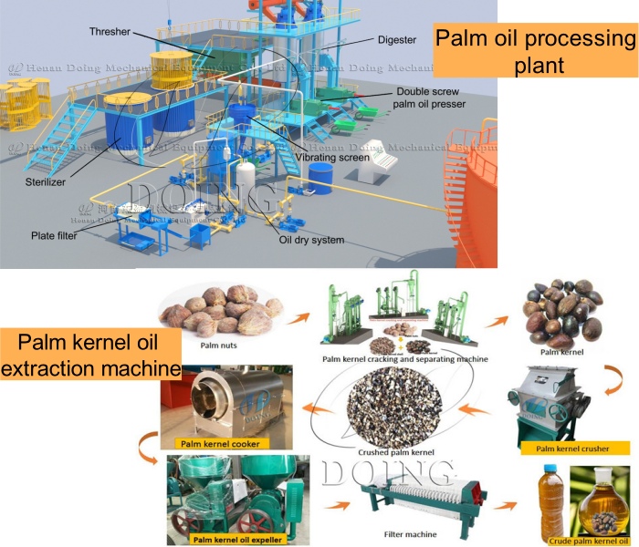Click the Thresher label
(110, 31)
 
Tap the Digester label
(396, 40)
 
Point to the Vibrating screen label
(334, 157)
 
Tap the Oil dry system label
(312, 241)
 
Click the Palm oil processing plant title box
(533, 51)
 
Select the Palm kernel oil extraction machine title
(90, 356)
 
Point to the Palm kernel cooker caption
(220, 444)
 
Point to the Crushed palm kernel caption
(394, 450)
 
